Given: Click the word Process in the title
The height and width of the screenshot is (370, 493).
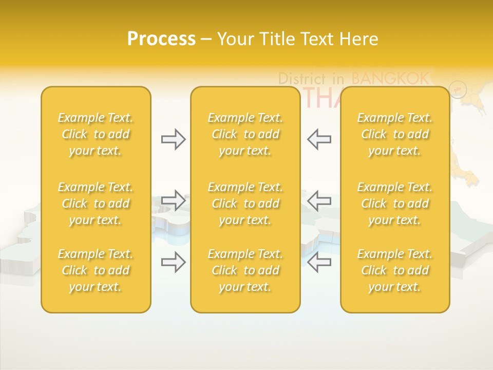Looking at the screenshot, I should [161, 39].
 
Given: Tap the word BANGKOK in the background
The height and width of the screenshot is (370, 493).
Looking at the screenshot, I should [390, 78].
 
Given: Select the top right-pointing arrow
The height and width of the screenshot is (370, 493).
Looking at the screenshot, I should [173, 139].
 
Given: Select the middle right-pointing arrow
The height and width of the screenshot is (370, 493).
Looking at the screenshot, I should [173, 200].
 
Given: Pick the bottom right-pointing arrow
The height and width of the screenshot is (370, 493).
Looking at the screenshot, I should [173, 262].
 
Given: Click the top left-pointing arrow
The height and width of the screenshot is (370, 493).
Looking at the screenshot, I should [319, 139].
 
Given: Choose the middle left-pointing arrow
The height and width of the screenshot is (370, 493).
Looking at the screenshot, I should [319, 200].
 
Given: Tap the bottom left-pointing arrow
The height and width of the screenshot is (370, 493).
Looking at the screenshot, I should [319, 262].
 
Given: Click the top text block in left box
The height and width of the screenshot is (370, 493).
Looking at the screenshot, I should [96, 134].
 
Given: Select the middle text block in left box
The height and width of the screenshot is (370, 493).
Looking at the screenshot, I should [96, 203].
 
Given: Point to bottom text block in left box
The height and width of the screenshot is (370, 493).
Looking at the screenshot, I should [96, 270].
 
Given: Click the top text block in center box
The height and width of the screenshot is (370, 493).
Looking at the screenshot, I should [245, 134].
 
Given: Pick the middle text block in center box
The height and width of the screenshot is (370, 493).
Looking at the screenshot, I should [245, 203].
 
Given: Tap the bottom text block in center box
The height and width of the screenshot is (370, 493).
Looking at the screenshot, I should [245, 270].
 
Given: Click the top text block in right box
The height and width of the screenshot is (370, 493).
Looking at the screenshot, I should [395, 134].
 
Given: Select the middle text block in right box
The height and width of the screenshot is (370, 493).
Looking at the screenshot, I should [395, 203].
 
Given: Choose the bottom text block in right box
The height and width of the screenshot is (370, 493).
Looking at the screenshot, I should [395, 270].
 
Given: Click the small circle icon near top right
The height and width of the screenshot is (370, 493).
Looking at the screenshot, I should [458, 89].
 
